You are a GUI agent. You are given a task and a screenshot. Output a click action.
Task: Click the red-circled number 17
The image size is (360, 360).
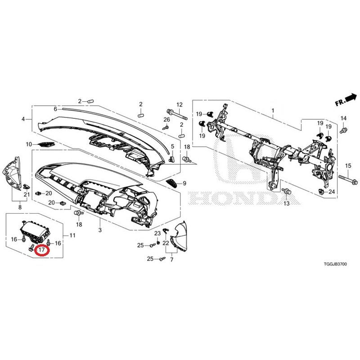coord(42,250)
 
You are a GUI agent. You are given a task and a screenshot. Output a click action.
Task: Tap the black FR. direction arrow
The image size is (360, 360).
coord(351,98)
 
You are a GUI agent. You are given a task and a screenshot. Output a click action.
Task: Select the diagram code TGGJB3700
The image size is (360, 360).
coord(335,264)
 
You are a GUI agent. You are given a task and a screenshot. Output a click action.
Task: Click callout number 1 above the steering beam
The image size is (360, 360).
coord(273,111)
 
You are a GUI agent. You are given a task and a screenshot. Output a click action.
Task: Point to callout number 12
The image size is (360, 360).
coord(180,105)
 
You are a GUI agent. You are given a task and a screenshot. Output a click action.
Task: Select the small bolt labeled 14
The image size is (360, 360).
coord(343,130)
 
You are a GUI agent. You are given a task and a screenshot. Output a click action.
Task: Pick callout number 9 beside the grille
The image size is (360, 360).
coord(184,183)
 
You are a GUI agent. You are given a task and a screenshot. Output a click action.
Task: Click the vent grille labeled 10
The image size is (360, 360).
coord(46,144)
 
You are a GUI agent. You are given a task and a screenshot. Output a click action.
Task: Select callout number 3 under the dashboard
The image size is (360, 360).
coord(100,230)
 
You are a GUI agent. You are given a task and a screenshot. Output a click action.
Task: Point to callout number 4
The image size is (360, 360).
coord(23,119)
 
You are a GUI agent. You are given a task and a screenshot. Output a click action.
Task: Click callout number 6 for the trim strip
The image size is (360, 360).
coord(55,109)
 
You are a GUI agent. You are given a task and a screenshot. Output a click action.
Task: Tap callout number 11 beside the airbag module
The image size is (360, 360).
coord(72,235)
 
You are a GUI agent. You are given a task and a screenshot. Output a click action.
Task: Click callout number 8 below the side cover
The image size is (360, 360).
coord(20,207)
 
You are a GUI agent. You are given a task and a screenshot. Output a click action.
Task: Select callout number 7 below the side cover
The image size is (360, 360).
coord(172,260)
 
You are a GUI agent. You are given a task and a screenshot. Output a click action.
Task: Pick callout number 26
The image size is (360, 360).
coord(166,119)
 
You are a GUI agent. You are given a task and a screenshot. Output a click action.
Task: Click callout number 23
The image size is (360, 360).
coord(157,234)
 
